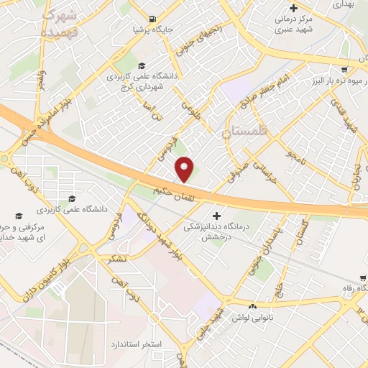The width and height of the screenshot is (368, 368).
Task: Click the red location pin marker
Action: (x=185, y=170)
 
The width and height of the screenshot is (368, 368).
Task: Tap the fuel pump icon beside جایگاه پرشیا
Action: (x=152, y=19)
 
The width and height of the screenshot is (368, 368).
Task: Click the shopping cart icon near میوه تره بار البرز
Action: (x=345, y=70)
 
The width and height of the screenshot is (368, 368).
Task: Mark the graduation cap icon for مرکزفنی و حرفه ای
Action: (x=19, y=215)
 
